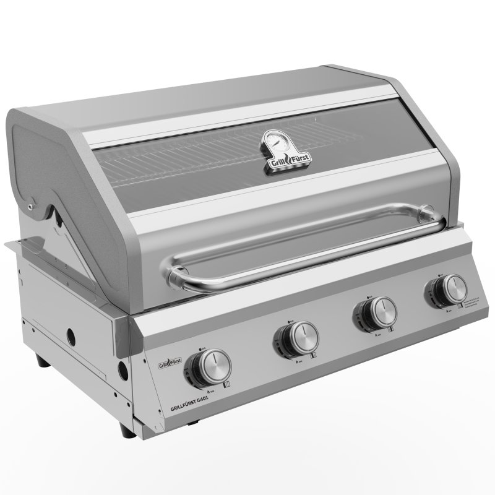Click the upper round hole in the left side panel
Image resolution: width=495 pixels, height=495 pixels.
click(73, 338)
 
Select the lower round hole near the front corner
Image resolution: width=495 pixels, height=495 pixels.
click(123, 372)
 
